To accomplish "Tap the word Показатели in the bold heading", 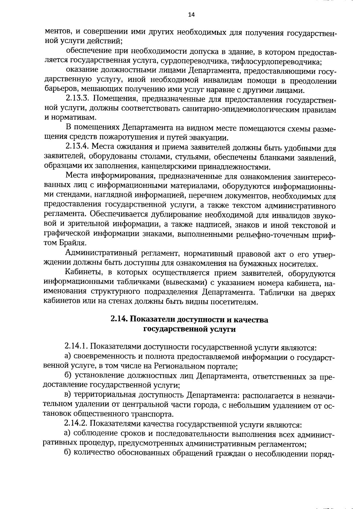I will (152, 320).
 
